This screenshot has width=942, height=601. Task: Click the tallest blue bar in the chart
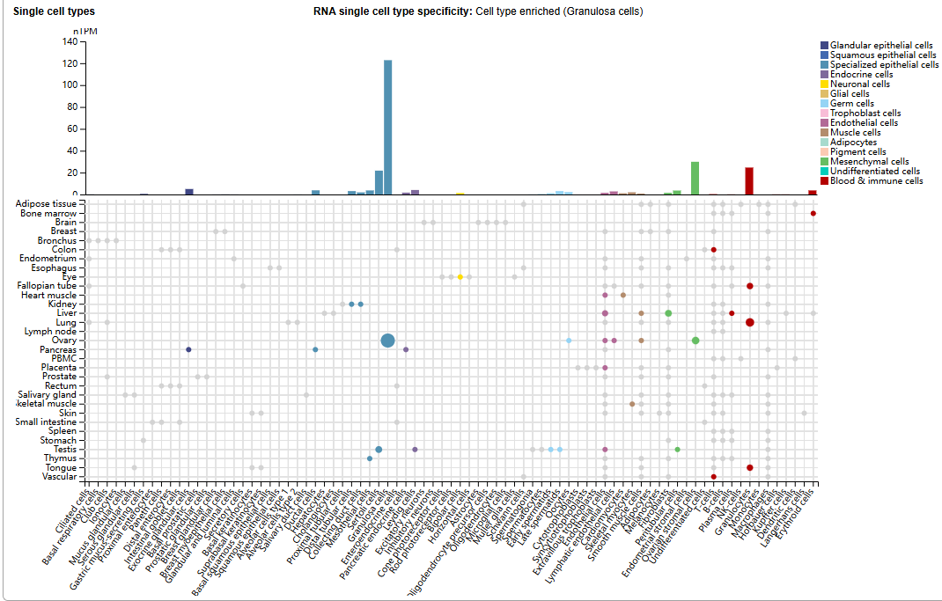click(387, 128)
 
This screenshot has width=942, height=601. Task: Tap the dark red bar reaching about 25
click(749, 181)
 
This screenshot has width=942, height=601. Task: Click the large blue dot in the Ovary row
click(387, 341)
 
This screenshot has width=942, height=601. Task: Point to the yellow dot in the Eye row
click(460, 277)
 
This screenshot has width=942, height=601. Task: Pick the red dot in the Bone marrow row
click(813, 214)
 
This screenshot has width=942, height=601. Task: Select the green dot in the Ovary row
click(695, 341)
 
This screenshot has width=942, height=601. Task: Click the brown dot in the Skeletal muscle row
click(632, 404)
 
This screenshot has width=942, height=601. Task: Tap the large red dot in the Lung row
click(749, 322)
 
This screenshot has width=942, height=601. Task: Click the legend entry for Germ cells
click(851, 103)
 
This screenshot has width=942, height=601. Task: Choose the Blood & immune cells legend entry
click(876, 180)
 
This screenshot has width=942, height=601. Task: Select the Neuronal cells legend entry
click(859, 84)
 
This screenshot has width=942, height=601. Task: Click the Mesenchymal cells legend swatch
click(824, 161)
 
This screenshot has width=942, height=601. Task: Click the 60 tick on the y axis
click(73, 129)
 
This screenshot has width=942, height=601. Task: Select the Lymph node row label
click(54, 332)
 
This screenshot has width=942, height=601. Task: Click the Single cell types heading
click(54, 11)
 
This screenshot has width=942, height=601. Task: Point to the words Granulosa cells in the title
click(606, 11)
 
